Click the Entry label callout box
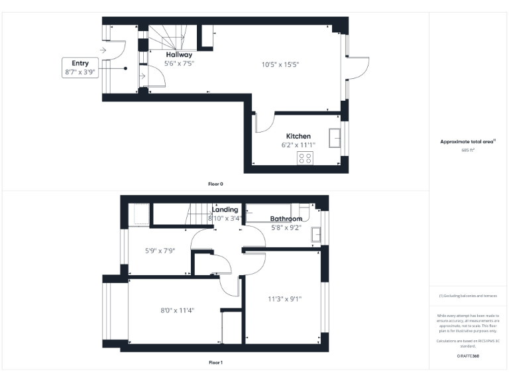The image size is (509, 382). [x=80, y=68]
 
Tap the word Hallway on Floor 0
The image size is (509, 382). [x=179, y=55]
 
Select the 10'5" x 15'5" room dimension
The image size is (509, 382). [x=280, y=64]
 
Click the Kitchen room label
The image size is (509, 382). [x=298, y=136]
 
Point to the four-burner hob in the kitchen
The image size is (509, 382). [x=306, y=158]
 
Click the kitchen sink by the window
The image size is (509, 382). [x=336, y=137]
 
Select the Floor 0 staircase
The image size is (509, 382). [x=162, y=37]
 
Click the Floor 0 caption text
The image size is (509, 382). [x=216, y=183]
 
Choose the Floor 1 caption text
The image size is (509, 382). [x=216, y=363]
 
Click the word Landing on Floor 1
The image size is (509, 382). [x=225, y=210]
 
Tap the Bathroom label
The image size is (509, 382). [x=286, y=219]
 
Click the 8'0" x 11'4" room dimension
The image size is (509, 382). [x=177, y=310]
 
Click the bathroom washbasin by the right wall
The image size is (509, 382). [x=317, y=233]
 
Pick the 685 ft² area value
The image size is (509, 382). [x=468, y=150]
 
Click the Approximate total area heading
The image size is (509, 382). [x=468, y=141]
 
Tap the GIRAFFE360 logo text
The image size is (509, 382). [x=468, y=357]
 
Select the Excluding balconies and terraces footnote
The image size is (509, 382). [x=468, y=296]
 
